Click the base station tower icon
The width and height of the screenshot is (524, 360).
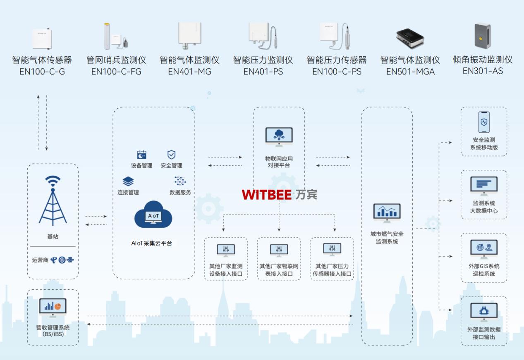[x=53, y=200]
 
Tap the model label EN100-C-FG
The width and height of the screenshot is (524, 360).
[x=116, y=72]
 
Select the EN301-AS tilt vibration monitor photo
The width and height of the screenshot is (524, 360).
[x=482, y=36]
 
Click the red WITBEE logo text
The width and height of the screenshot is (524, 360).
[x=266, y=194]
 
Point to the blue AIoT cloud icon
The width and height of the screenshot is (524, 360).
[x=153, y=215]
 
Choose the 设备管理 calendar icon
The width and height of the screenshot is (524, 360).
[x=141, y=155]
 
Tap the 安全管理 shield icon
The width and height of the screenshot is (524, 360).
[x=171, y=155]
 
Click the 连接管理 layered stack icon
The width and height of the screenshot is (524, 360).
[x=128, y=181]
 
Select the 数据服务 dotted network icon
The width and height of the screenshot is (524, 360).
[x=180, y=181]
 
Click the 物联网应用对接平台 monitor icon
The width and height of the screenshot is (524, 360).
[x=279, y=137]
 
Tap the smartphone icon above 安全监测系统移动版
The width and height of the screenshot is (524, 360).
[x=484, y=122]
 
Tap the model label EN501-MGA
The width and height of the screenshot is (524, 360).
[x=410, y=72]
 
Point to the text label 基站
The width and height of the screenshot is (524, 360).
[x=53, y=237]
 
